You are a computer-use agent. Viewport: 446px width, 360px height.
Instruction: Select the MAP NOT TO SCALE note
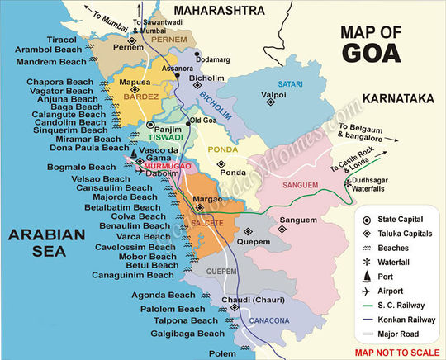pos(395,352)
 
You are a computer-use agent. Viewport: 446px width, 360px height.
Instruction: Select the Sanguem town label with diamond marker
pos(298,220)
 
